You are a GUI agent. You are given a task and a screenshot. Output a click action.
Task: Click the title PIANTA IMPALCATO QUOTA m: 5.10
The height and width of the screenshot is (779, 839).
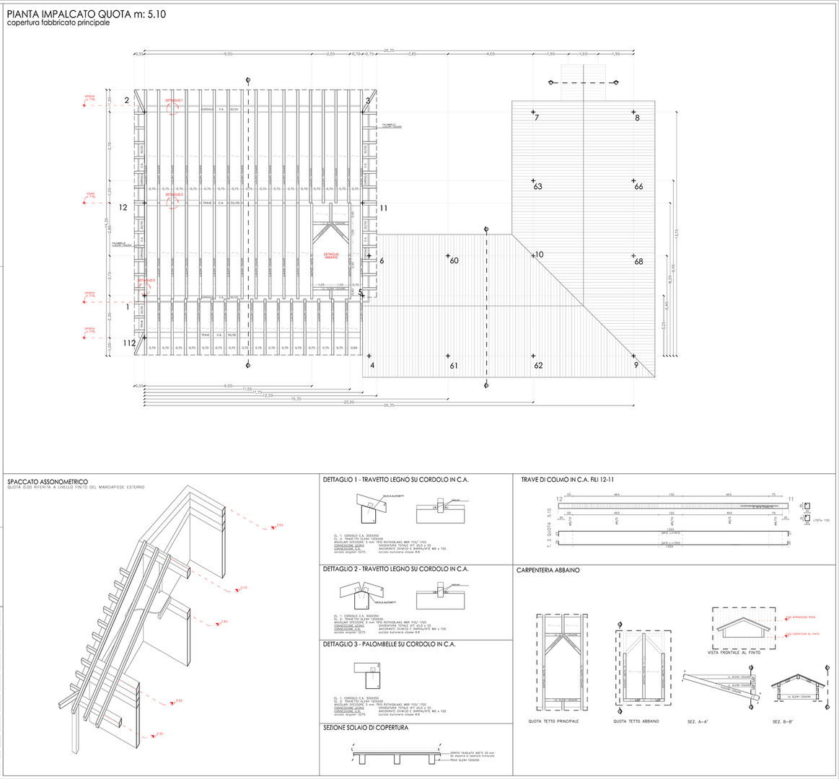tap(87, 14)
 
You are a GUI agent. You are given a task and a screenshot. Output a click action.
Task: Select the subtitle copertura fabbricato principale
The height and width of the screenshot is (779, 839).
tap(58, 23)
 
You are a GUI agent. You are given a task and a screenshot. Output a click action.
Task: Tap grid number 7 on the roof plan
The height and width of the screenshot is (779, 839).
tap(537, 117)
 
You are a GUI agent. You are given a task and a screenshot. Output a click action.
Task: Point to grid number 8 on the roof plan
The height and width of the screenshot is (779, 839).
tap(637, 117)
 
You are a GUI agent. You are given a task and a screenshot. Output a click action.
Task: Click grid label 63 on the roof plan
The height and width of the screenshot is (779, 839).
tap(537, 187)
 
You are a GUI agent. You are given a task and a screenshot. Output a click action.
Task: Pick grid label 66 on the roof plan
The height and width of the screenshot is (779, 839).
tap(638, 187)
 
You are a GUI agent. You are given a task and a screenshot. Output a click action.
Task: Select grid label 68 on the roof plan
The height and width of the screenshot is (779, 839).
tap(638, 262)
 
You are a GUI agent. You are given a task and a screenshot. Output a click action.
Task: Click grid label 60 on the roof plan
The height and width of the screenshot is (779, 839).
tap(454, 261)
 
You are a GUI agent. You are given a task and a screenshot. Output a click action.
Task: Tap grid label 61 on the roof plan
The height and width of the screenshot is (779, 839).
tap(454, 366)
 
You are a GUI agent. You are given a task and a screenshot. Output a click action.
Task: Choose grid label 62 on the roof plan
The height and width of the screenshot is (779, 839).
tap(538, 366)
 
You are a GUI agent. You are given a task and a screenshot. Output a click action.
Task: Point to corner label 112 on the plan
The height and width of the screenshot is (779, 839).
tap(129, 343)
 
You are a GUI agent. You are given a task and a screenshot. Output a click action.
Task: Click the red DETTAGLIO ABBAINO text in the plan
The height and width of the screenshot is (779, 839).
tap(331, 255)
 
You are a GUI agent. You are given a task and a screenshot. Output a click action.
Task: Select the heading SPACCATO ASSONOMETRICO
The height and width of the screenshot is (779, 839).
tap(48, 481)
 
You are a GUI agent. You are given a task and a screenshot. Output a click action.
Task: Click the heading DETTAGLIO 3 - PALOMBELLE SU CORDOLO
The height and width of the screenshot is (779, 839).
tap(390, 644)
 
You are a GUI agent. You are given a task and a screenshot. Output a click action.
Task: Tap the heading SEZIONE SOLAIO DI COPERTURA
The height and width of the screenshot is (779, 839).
tap(366, 728)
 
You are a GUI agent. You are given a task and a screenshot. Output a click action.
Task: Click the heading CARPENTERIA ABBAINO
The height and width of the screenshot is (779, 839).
tap(548, 571)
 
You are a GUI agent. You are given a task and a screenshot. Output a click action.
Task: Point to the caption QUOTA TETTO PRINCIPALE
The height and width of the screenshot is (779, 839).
tap(553, 721)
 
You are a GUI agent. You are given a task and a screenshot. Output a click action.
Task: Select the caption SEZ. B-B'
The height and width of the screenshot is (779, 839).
tap(783, 721)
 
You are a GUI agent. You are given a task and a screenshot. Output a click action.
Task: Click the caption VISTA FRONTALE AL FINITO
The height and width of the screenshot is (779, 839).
tap(734, 652)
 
